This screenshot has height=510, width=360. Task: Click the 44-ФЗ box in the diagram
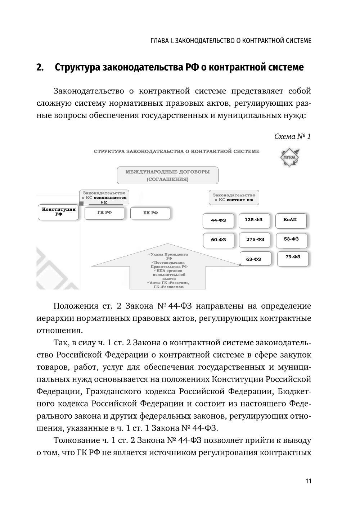tap(218, 220)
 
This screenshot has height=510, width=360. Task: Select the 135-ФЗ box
tap(254, 220)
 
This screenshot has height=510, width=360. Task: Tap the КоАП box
tap(291, 220)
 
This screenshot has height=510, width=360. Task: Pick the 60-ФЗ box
tap(218, 240)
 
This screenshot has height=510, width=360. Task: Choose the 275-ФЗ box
tap(255, 240)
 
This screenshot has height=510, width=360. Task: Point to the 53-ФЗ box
tap(292, 240)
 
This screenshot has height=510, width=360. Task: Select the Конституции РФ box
tap(59, 212)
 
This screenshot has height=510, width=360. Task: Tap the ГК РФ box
tap(104, 213)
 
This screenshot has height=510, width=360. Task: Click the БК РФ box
tap(150, 213)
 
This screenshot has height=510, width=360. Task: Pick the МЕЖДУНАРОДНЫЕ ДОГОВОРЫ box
tap(167, 175)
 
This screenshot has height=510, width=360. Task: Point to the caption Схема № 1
tap(292, 137)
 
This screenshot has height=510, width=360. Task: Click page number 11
tap(309, 481)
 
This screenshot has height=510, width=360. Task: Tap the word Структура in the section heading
tap(77, 67)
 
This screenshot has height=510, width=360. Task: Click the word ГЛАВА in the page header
tap(159, 40)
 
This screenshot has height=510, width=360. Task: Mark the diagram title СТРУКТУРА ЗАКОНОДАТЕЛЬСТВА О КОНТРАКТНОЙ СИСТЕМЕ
tap(176, 151)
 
